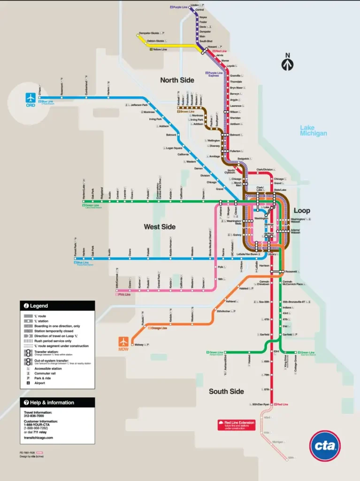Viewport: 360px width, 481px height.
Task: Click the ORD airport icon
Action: pos(31,97)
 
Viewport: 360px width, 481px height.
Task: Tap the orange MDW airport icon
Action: pos(124,341)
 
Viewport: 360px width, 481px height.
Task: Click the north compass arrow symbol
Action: pos(288,62)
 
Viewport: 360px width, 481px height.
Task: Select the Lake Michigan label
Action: pos(313,131)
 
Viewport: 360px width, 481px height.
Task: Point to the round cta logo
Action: pos(325,445)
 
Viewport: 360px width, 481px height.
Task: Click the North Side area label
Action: pos(177,80)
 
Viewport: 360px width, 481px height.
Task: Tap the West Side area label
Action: pos(160,227)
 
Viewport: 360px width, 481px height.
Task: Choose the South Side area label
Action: pos(226,391)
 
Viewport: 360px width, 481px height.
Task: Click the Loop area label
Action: pos(302,210)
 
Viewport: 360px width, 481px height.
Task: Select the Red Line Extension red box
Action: pos(236,425)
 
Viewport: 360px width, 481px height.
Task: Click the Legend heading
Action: pos(39,306)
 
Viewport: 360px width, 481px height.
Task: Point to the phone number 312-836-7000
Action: pos(34,416)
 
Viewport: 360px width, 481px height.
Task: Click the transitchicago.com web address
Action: pos(38,437)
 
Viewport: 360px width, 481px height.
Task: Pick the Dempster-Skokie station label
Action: pos(149,33)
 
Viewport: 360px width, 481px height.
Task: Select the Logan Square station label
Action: pos(174,148)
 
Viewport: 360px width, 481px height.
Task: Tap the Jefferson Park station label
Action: pos(139,105)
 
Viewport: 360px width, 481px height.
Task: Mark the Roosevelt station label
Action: pos(292,272)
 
